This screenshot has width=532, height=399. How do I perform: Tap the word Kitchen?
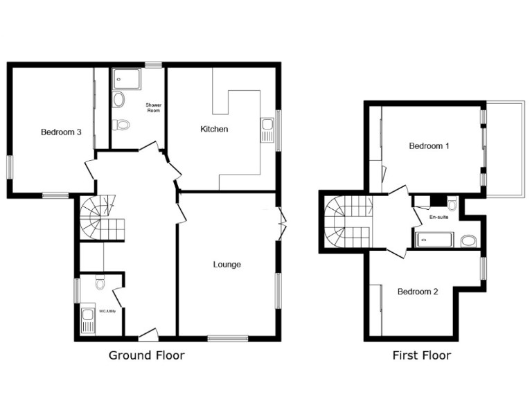point(214,130)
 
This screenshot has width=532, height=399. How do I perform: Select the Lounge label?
point(227,264)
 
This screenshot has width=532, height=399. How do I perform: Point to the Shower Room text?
point(153,108)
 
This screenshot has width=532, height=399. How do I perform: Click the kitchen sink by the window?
point(267,129)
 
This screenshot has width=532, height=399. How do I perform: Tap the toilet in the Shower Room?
point(121,125)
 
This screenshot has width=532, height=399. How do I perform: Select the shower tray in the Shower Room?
point(126,79)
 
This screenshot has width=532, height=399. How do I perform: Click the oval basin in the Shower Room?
point(118,100)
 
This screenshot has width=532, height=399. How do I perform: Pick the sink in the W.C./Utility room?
point(88,320)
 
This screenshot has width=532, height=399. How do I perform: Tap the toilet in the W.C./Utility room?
point(100,283)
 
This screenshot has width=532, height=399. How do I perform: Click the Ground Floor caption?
point(147,355)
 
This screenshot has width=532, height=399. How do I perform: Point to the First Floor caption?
point(421,355)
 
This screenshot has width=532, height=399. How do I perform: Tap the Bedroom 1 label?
point(429,146)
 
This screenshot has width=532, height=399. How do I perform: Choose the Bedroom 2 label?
point(417,292)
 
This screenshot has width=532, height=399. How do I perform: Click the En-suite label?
point(439,217)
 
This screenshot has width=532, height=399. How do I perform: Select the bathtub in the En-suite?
point(434,240)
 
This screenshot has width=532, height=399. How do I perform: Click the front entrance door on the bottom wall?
point(148,337)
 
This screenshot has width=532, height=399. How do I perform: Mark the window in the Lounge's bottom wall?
point(227,339)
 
